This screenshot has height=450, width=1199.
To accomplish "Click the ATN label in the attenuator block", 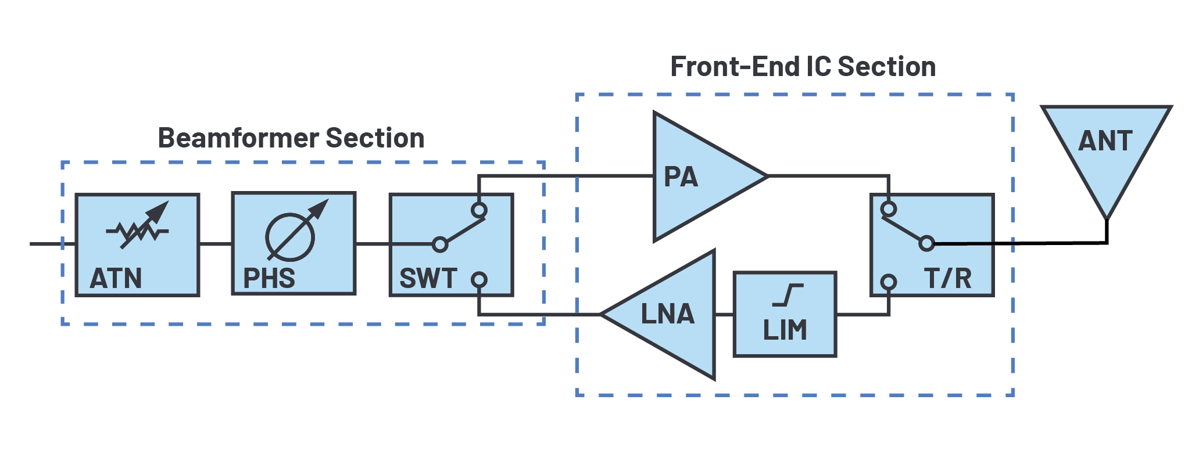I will [116, 278].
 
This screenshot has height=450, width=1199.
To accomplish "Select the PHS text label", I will [269, 278].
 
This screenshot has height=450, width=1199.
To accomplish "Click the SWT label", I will [428, 278].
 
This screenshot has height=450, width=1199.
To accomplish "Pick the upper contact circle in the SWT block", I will [479, 210].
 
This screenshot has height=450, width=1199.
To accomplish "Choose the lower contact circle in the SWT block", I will [479, 280].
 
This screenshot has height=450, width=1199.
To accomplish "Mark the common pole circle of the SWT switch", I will [440, 244].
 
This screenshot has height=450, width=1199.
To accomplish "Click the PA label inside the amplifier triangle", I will [681, 177].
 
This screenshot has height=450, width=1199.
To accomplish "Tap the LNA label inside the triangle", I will [667, 314].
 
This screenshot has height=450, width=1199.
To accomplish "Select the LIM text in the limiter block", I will [785, 330].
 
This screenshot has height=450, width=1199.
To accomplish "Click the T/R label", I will [947, 278].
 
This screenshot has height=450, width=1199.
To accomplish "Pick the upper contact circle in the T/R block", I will [888, 208].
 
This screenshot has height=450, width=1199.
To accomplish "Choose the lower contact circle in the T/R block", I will [888, 282].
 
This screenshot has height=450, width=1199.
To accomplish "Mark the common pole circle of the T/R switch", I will [926, 243].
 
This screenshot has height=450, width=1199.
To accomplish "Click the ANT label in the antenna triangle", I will [1105, 141].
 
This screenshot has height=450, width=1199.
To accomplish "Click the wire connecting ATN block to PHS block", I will [216, 244].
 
